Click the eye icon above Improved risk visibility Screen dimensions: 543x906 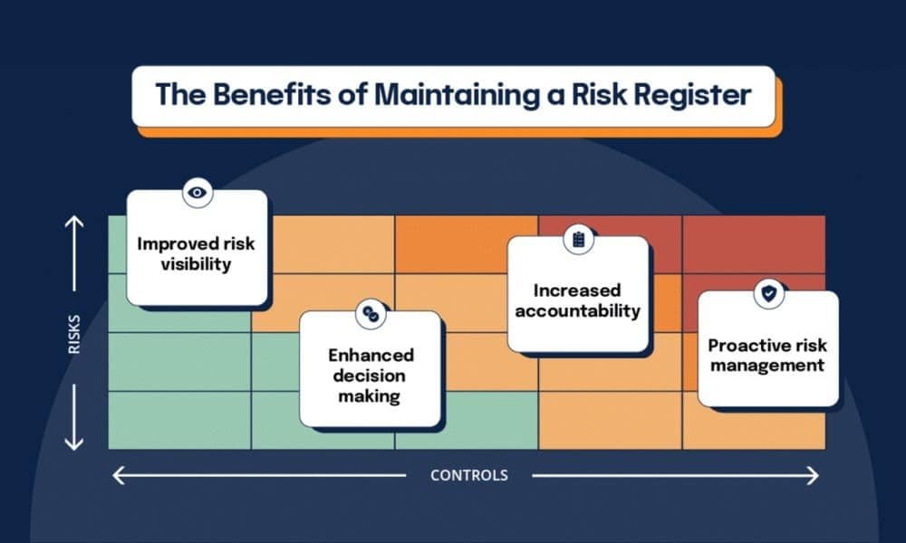[198, 192]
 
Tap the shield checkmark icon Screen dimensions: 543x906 [769, 293]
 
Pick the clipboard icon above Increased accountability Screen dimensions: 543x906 [578, 240]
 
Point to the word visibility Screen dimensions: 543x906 [197, 264]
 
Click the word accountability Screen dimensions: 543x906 [578, 310]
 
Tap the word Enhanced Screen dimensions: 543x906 [372, 355]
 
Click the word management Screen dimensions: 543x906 [767, 366]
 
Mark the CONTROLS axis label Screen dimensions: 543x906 [469, 475]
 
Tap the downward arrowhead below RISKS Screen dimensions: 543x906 [74, 444]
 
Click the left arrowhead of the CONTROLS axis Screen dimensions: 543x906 [114, 475]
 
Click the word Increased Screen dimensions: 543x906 [577, 291]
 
